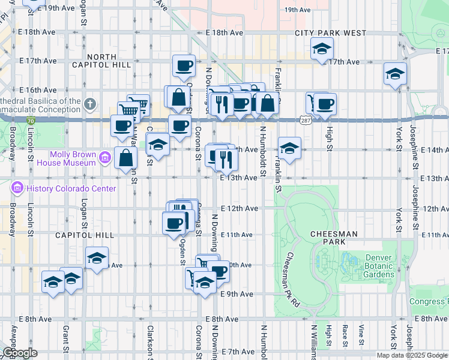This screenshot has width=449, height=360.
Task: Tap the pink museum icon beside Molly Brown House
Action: (x=105, y=158)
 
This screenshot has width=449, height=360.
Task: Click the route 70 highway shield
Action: (x=30, y=121)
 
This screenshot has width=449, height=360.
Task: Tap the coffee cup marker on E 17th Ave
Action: (x=184, y=65)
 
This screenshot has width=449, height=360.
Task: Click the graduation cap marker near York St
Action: (x=394, y=74)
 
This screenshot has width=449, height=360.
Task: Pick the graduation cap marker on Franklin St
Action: (x=289, y=148)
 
